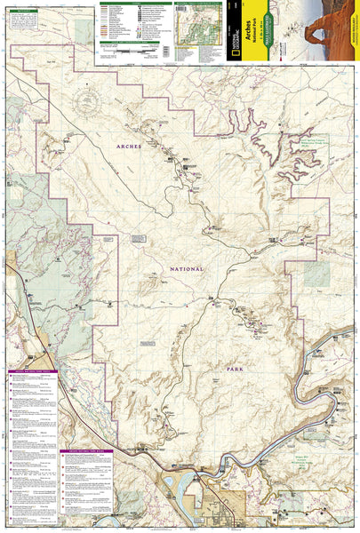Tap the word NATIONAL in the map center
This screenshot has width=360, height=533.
tap(183, 268)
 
